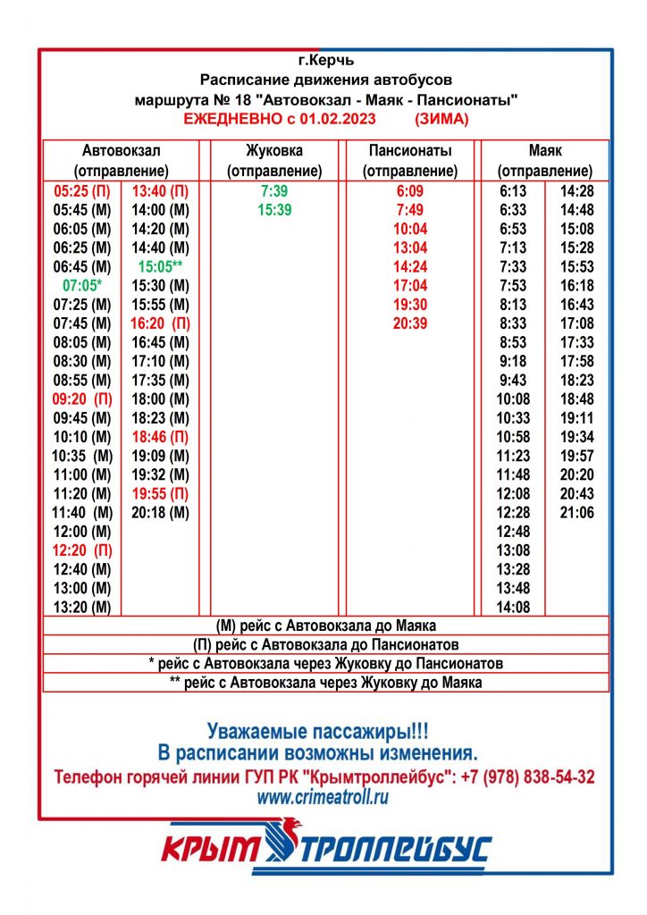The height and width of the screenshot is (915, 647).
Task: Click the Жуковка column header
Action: (273, 151)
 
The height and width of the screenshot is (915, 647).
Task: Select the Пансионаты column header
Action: (410, 151)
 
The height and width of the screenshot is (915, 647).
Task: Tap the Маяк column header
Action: (544, 151)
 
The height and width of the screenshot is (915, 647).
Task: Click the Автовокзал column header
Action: (121, 151)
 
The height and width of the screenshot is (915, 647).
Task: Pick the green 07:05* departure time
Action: (83, 286)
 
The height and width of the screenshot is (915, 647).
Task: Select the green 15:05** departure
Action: (161, 266)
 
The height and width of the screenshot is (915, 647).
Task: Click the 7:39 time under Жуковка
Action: (274, 191)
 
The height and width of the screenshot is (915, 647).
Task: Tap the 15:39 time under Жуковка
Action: (274, 210)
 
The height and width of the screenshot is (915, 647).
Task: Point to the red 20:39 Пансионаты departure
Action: (411, 323)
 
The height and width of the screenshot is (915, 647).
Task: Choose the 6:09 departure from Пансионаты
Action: (411, 191)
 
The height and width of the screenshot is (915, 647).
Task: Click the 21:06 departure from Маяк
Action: (576, 513)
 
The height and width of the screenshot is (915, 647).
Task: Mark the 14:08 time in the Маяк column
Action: (513, 608)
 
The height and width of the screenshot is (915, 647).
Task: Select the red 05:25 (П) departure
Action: (82, 191)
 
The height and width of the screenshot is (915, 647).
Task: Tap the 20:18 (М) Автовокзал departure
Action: (160, 513)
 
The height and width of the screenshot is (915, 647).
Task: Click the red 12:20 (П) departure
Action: (82, 550)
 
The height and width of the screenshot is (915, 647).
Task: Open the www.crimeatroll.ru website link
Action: (323, 798)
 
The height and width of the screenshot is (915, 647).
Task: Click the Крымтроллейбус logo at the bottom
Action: (325, 848)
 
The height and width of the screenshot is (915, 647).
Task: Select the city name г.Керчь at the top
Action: (326, 62)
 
